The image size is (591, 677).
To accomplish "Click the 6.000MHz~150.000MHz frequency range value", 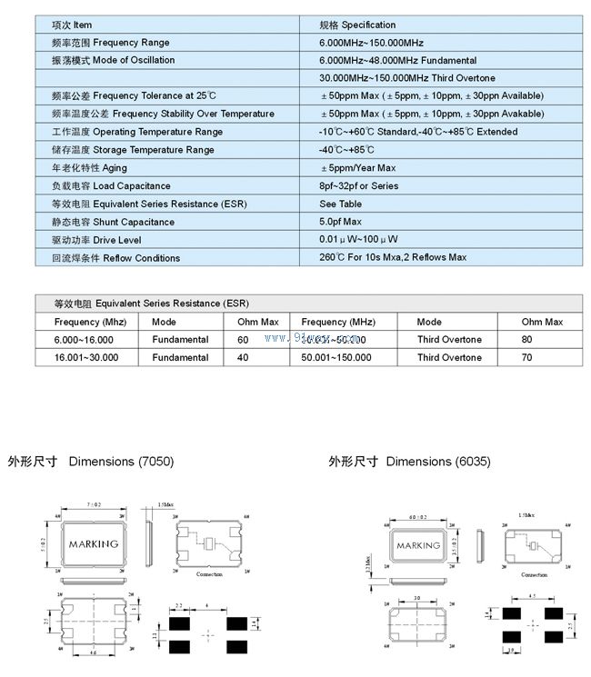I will [x=371, y=43].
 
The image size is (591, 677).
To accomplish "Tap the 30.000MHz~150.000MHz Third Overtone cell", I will [x=406, y=78].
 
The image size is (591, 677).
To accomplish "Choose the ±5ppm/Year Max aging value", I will [x=357, y=168].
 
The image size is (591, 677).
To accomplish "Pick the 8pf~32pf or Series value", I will [x=358, y=186].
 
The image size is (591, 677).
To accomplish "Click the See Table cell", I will [x=340, y=204].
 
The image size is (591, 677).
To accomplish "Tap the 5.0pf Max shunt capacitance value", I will [x=340, y=222].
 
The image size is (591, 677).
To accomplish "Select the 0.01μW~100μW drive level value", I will [x=358, y=240].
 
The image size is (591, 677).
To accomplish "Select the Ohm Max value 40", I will [x=243, y=358].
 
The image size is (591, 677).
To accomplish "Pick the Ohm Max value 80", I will [x=527, y=340].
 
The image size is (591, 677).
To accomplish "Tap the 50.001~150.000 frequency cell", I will [x=336, y=358].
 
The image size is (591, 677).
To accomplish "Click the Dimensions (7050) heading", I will [x=90, y=462].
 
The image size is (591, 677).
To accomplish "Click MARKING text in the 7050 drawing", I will [x=94, y=544].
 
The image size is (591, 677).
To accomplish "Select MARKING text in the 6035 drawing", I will [x=418, y=546].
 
